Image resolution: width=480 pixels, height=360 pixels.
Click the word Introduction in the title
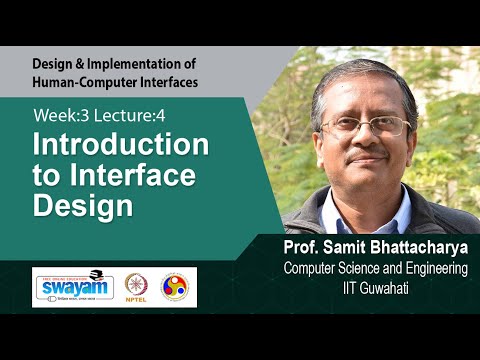point(121,145)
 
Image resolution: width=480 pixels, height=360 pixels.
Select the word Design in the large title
point(83,207)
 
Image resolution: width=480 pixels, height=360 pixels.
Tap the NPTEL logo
point(137,287)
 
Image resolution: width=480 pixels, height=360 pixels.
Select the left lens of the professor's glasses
point(340,128)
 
